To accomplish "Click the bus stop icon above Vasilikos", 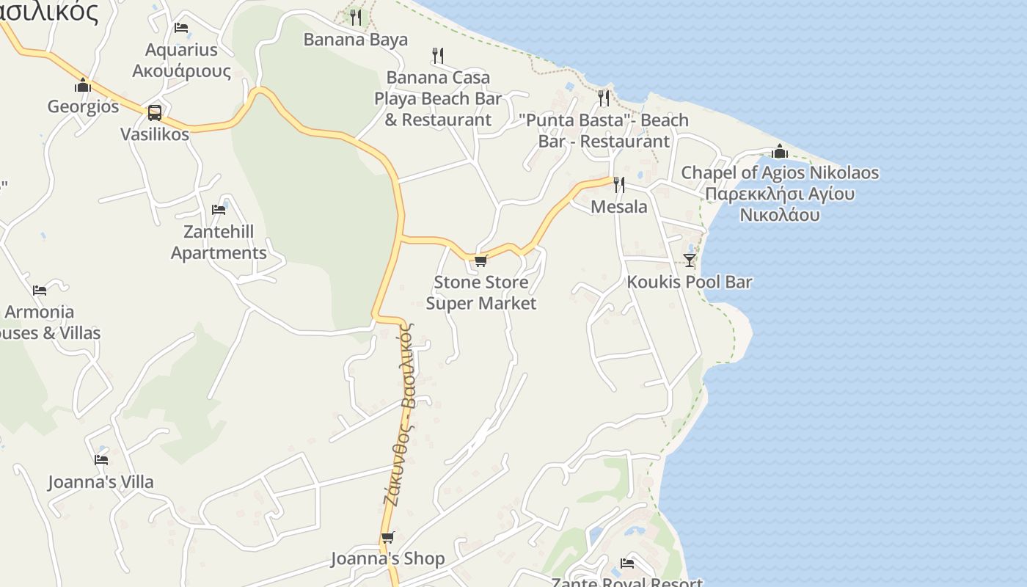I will point(155,112).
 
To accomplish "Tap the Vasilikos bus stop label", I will point(155,134).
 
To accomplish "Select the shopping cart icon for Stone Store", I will point(480,261).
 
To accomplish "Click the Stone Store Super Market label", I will point(481,293).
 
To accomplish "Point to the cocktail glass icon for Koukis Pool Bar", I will point(690,260).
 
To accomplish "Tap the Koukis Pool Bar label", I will point(690,282).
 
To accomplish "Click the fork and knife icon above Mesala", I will point(619,184).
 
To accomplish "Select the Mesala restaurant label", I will point(619,207).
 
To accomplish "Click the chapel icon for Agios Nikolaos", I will point(780,152).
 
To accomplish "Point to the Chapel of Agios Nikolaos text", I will point(780,173).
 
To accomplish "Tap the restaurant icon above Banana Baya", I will point(356,17).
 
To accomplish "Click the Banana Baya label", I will point(356,40).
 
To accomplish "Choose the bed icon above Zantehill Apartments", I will point(219,210).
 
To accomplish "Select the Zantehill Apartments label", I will point(219,242).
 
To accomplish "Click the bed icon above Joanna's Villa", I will point(101,460).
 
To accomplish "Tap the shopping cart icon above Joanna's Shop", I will point(387,538).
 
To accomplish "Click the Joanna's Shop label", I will point(387,559).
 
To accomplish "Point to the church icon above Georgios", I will point(83,86).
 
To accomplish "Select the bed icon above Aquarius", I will point(181,28).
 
